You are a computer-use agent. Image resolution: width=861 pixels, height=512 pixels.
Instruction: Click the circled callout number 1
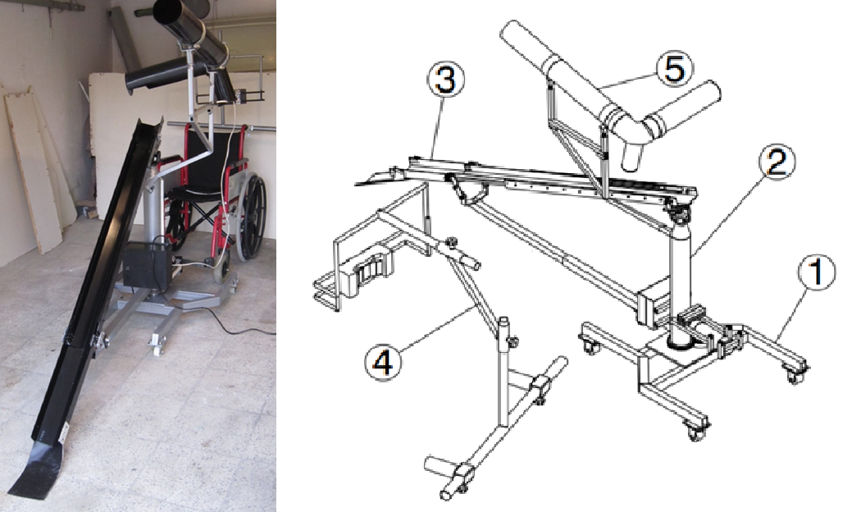pyautogui.click(x=817, y=272)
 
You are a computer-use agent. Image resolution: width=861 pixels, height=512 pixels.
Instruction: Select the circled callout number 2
pyautogui.click(x=777, y=162)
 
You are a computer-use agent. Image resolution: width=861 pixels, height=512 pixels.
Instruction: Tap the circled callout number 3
pyautogui.click(x=445, y=80)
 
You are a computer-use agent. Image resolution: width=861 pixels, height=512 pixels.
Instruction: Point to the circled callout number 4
pyautogui.click(x=383, y=362)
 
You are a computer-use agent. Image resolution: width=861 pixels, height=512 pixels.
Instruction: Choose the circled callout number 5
pyautogui.click(x=674, y=70)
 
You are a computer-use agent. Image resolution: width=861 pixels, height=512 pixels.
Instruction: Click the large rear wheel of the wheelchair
pyautogui.click(x=253, y=216)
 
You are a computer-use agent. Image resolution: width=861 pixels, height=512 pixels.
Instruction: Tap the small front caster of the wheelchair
pyautogui.click(x=222, y=271)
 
